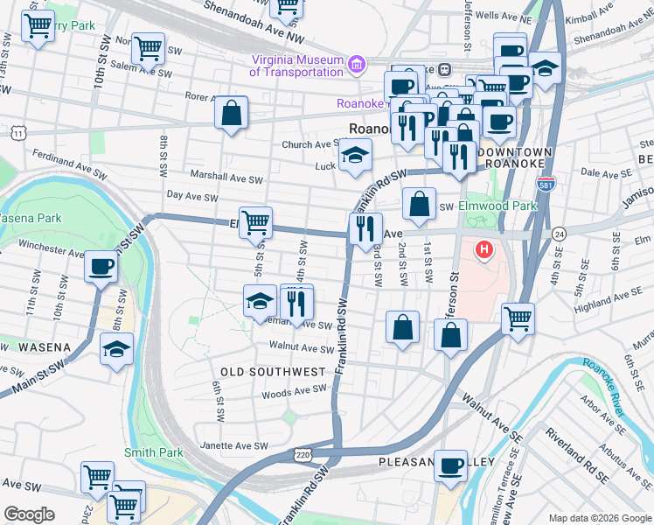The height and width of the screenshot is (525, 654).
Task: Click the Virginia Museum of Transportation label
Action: coord(296,66)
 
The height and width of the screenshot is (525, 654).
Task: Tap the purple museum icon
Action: coord(356,65)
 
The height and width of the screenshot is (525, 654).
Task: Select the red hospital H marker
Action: coord(483,251)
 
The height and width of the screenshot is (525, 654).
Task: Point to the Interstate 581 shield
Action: coord(546,185)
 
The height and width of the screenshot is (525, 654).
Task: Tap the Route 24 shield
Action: coord(560,234)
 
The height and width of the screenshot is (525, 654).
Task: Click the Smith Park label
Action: coord(154,452)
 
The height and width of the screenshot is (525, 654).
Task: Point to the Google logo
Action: coord(29,514)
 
